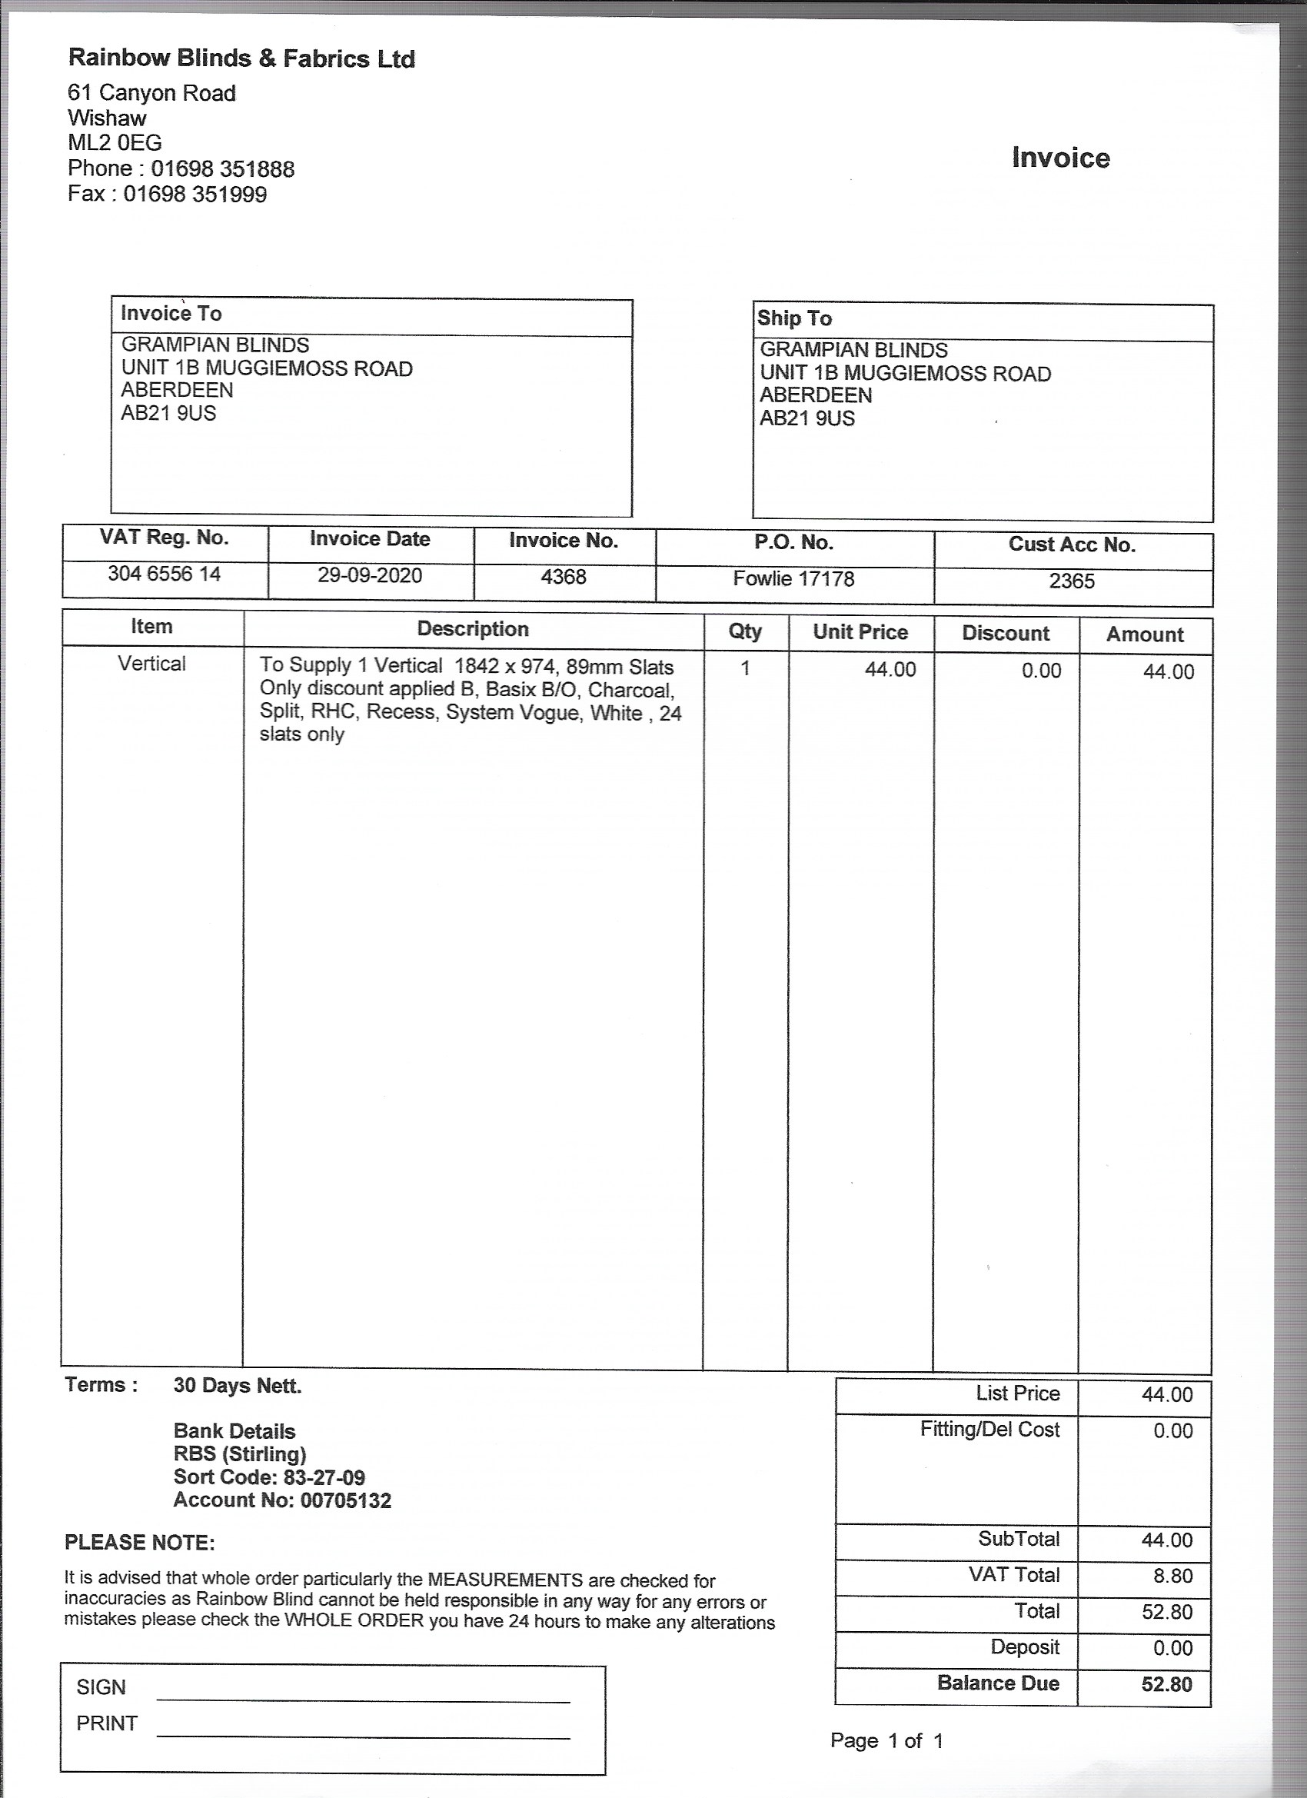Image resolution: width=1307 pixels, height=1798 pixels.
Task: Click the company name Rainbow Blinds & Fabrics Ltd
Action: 241,58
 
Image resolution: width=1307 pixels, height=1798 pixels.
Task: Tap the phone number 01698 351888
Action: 223,169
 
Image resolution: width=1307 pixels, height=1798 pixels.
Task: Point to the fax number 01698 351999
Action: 195,195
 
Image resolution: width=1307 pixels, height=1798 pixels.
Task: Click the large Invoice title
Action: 1060,158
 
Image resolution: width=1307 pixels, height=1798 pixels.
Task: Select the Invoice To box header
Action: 171,314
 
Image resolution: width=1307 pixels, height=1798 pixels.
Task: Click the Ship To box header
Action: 794,318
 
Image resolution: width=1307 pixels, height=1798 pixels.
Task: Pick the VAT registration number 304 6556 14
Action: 164,574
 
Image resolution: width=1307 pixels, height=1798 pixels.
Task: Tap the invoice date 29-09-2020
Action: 370,575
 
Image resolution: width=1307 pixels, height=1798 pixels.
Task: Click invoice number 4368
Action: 564,577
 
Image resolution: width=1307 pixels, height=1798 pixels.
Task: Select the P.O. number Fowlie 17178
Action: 793,580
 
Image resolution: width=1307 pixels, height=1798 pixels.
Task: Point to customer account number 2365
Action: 1072,582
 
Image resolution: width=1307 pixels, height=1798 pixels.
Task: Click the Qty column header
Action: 745,632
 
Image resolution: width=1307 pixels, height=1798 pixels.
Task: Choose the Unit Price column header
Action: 860,633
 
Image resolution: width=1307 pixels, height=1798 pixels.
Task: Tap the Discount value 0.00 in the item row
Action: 1041,671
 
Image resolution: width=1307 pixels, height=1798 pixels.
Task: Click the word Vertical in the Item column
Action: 151,664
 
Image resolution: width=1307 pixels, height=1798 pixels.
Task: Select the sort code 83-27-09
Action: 324,1478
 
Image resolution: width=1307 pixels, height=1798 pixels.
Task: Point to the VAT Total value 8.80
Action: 1172,1576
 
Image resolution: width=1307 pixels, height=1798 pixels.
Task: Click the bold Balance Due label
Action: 998,1684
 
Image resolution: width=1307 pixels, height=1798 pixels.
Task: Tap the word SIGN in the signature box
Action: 101,1688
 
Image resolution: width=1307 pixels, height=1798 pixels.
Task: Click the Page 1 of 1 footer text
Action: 886,1742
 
